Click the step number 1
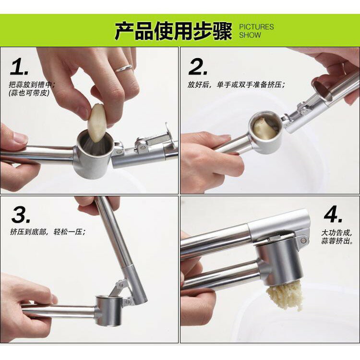click(x=18, y=67)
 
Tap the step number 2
click(x=198, y=67)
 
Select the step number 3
click(x=21, y=215)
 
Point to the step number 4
click(x=333, y=215)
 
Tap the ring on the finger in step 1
click(x=123, y=68)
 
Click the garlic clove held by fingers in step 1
click(x=97, y=123)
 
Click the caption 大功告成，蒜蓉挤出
click(x=337, y=237)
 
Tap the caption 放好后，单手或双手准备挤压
click(x=236, y=85)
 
